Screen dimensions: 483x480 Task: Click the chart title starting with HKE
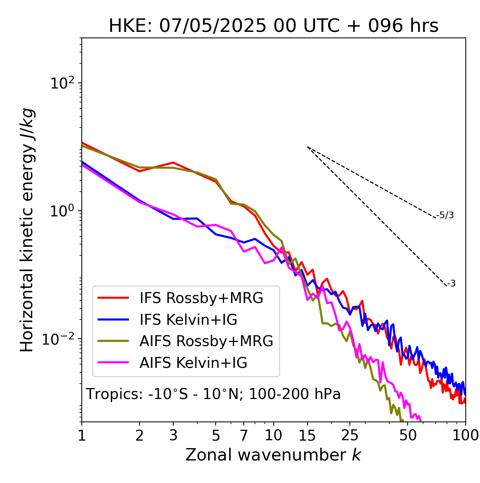tap(273, 26)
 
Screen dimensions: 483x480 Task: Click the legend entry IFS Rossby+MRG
tap(201, 298)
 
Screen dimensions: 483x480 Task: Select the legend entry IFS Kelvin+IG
tap(188, 320)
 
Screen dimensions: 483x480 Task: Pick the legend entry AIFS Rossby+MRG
tap(206, 341)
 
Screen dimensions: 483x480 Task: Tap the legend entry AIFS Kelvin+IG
tap(193, 363)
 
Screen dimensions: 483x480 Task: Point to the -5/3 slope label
tap(445, 215)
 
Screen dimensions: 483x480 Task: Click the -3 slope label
tap(451, 284)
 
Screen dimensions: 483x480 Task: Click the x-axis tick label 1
tap(82, 436)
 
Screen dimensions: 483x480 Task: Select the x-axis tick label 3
tap(173, 436)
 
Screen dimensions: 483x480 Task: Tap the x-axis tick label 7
tap(244, 436)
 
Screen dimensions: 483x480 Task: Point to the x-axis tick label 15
tap(307, 436)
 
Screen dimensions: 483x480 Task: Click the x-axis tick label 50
tap(408, 436)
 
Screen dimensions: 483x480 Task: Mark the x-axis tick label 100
tap(465, 436)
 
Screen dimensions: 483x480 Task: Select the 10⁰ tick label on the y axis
tap(61, 210)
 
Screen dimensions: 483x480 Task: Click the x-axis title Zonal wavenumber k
tap(273, 455)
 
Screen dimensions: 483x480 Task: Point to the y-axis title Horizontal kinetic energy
tap(27, 230)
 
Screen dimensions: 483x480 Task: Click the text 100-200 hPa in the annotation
tap(295, 394)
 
